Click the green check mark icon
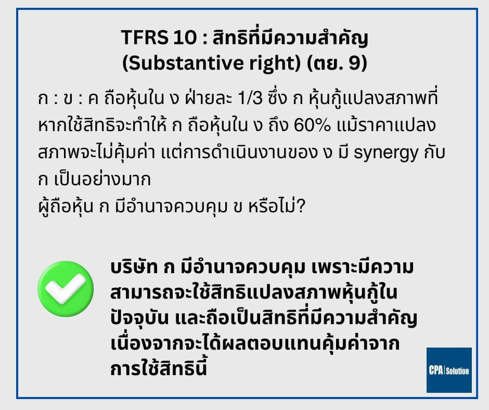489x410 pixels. pyautogui.click(x=66, y=289)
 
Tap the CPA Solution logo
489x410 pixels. pyautogui.click(x=449, y=370)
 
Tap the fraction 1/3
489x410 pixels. pyautogui.click(x=250, y=98)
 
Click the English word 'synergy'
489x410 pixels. pyautogui.click(x=386, y=153)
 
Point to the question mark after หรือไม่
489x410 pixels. pyautogui.click(x=301, y=207)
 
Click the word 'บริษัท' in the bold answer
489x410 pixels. pyautogui.click(x=134, y=267)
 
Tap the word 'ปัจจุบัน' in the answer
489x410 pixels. pyautogui.click(x=139, y=319)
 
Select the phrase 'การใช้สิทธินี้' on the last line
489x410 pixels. pyautogui.click(x=159, y=368)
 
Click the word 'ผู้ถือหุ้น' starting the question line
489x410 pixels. pyautogui.click(x=66, y=207)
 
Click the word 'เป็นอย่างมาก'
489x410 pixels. pyautogui.click(x=102, y=179)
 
